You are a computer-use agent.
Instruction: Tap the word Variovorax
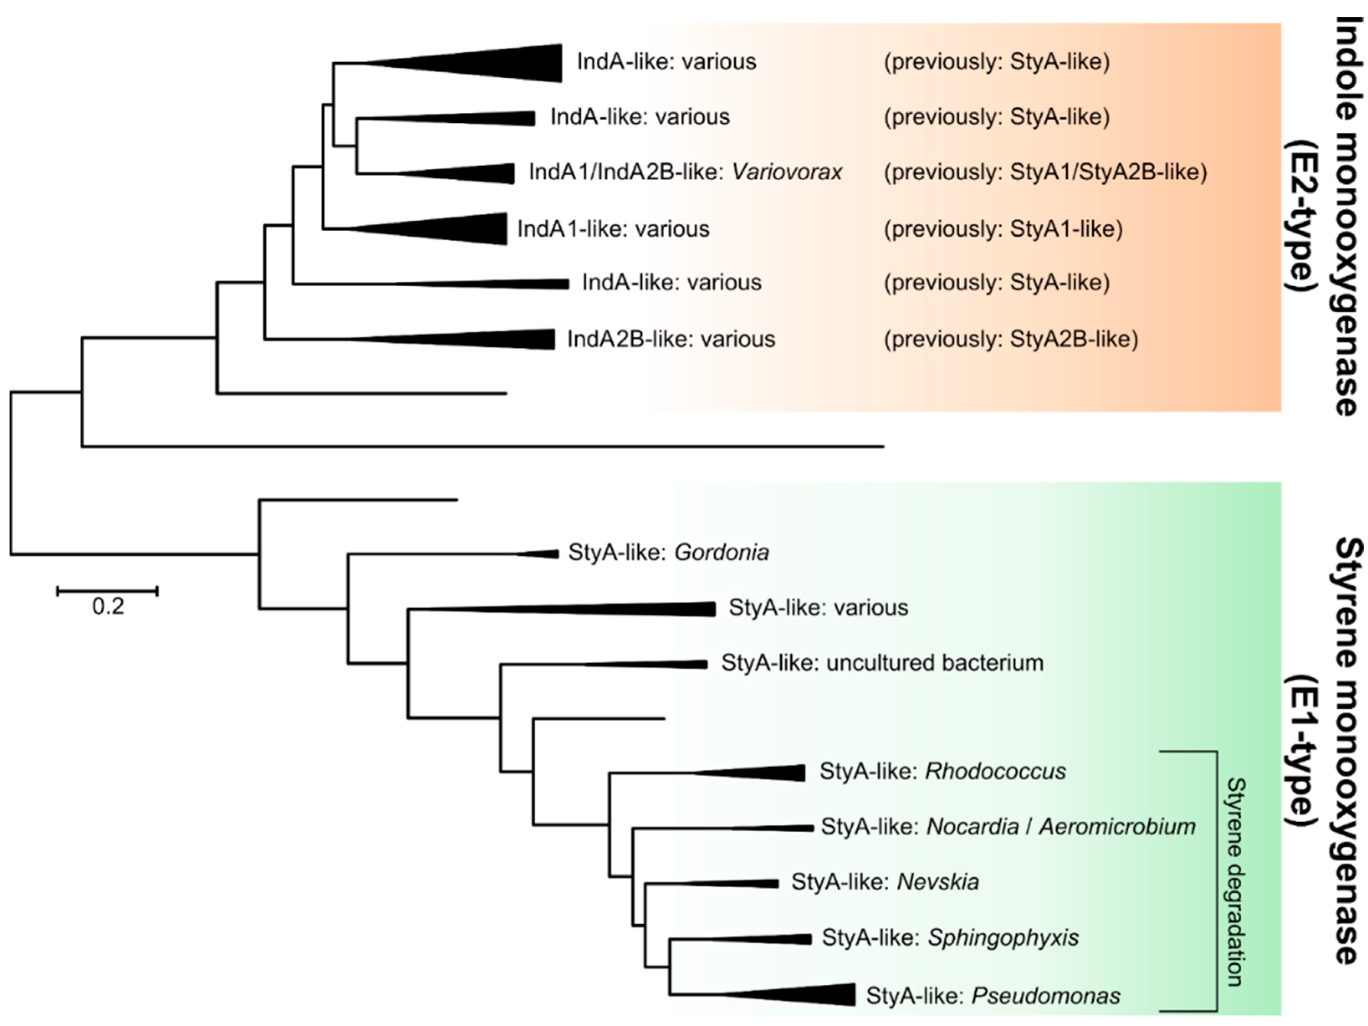pos(787,172)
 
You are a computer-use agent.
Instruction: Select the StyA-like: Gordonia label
pos(668,552)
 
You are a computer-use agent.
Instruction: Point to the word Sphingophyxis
pos(1003,938)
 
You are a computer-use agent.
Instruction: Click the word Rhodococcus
pos(995,771)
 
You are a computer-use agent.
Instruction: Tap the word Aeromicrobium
pos(1117,827)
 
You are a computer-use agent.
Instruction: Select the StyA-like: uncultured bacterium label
pos(882,663)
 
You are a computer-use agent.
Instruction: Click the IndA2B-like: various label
pos(671,339)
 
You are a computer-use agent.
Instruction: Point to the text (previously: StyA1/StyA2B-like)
pos(1045,172)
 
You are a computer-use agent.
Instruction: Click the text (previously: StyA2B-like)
pos(1011,339)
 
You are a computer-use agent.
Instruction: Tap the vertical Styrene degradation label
pos(1235,881)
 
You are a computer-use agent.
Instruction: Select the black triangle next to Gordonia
pos(544,554)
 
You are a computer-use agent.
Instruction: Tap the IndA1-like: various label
pos(613,229)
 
